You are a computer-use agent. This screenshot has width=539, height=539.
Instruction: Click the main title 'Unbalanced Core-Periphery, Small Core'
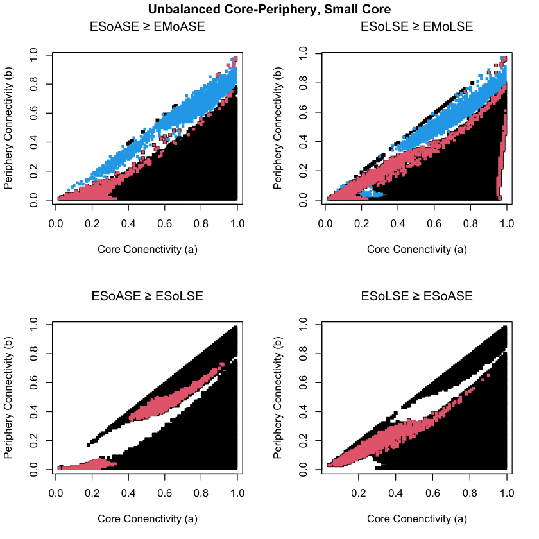pyautogui.click(x=269, y=9)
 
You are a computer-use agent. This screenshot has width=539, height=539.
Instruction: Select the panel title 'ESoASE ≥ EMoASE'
pyautogui.click(x=147, y=26)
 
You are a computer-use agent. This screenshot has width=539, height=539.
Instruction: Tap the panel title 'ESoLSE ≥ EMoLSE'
pyautogui.click(x=416, y=26)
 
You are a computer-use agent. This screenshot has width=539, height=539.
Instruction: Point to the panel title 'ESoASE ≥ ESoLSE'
pyautogui.click(x=147, y=296)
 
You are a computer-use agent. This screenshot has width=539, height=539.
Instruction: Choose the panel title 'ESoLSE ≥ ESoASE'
pyautogui.click(x=416, y=296)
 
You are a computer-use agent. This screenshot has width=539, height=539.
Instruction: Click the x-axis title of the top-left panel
pyautogui.click(x=148, y=249)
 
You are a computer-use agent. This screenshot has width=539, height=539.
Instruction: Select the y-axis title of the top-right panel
pyautogui.click(x=277, y=128)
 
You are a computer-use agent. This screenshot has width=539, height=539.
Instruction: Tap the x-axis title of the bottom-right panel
pyautogui.click(x=417, y=518)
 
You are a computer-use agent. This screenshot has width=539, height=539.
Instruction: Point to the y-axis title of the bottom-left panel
pyautogui.click(x=8, y=397)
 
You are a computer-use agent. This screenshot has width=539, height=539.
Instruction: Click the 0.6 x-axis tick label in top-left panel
pyautogui.click(x=165, y=224)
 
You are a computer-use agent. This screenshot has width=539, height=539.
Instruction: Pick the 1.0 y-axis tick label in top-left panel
pyautogui.click(x=33, y=55)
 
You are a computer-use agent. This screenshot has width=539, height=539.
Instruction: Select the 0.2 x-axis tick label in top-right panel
pyautogui.click(x=362, y=224)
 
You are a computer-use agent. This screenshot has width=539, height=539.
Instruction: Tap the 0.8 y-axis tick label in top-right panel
pyautogui.click(x=303, y=83)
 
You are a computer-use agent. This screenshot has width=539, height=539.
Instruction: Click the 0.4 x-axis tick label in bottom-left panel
pyautogui.click(x=128, y=493)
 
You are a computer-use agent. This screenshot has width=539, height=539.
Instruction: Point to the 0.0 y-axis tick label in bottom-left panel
pyautogui.click(x=33, y=470)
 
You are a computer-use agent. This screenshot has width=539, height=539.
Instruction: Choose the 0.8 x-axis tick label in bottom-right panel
pyautogui.click(x=470, y=493)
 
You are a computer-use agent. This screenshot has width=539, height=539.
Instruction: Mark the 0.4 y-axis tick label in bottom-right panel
pyautogui.click(x=303, y=411)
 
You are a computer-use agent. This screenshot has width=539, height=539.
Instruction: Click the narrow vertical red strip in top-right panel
pyautogui.click(x=502, y=155)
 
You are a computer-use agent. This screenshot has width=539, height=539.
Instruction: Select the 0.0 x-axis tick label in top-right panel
pyautogui.click(x=325, y=224)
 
